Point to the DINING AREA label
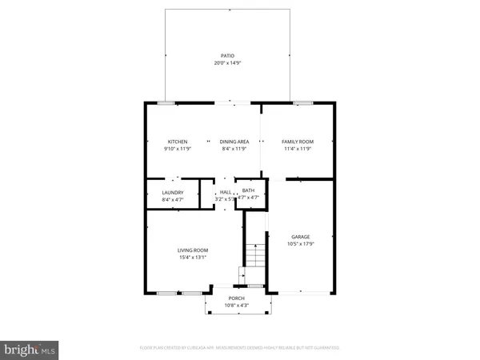pos(234,142)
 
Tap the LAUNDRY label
pos(173,192)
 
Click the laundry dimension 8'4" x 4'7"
pos(173,198)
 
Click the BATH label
pos(248,190)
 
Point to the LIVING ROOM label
pos(193,250)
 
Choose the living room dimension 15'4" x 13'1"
pos(193,258)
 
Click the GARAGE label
pos(300,237)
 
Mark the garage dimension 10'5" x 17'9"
pos(300,243)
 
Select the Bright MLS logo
pos(29,349)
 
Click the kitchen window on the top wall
pos(166,102)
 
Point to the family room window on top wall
pos(302,102)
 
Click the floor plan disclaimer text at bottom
pos(240,348)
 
